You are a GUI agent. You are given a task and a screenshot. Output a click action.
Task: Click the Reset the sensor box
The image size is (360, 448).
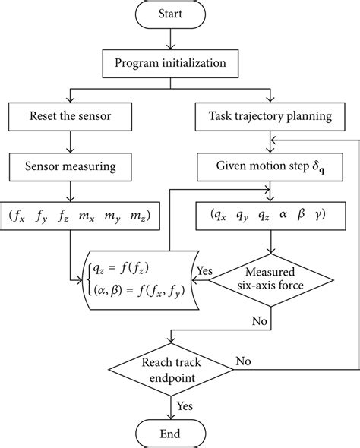click(x=69, y=118)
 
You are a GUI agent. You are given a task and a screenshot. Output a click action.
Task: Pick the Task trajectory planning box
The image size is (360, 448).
click(x=270, y=118)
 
